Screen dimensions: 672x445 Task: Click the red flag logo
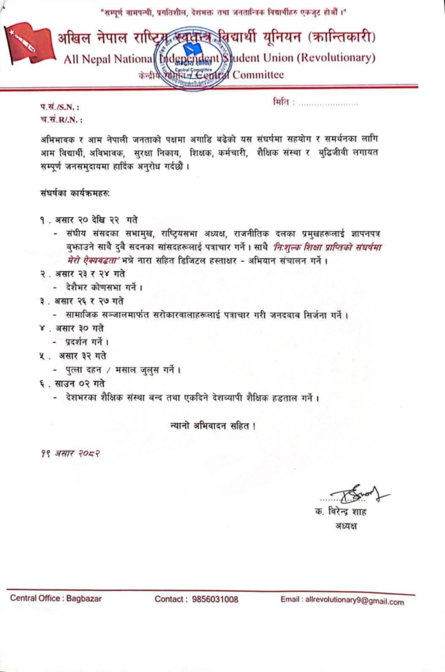(x=30, y=46)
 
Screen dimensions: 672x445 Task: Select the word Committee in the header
(x=258, y=75)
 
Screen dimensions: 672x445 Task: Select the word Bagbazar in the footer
(x=84, y=598)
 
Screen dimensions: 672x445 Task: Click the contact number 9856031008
(x=215, y=599)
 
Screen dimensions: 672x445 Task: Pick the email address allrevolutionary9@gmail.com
(x=354, y=600)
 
